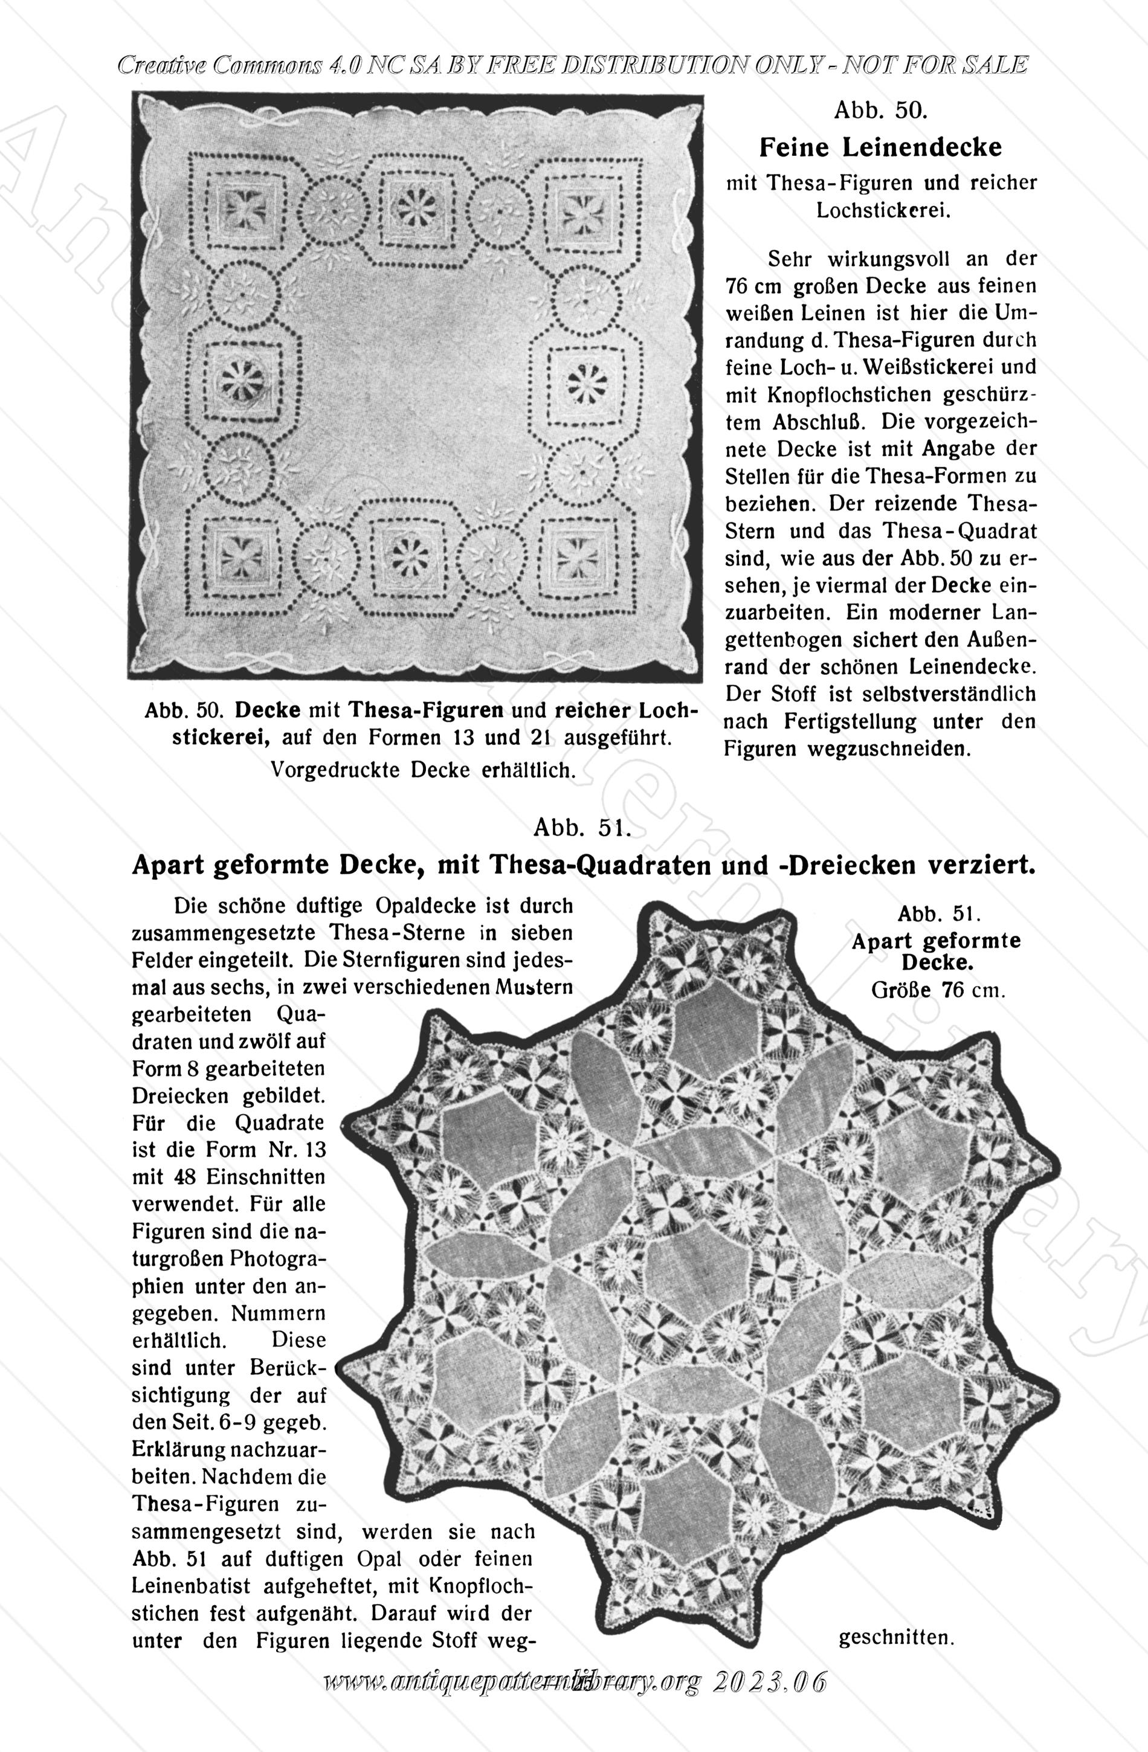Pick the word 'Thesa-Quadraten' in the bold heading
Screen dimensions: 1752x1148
pyautogui.click(x=576, y=866)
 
